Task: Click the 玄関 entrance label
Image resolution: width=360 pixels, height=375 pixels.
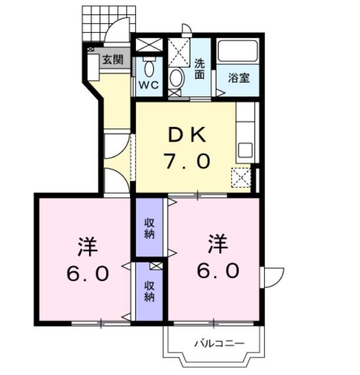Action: point(112,59)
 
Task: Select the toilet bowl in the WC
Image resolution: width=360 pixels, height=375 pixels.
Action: point(148,68)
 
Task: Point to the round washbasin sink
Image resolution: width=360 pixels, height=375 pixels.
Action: point(176,77)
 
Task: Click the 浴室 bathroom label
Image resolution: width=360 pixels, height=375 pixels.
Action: point(238,77)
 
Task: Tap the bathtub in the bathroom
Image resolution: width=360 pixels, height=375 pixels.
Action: point(238,51)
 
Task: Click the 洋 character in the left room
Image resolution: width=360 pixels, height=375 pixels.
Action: point(87,245)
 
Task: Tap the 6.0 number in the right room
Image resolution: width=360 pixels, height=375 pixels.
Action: point(219,270)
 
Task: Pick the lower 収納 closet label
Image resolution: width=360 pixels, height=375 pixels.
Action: point(150,291)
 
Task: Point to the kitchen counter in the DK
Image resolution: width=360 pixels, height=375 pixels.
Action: point(245,132)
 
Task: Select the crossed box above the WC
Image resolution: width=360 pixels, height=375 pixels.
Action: point(148,45)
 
